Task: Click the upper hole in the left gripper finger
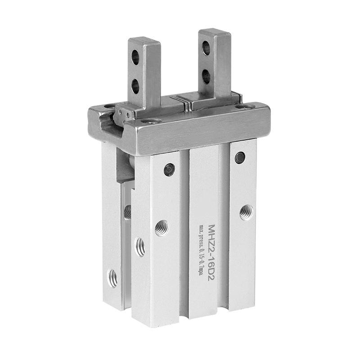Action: pyautogui.click(x=135, y=57)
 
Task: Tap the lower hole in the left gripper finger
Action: pyautogui.click(x=135, y=86)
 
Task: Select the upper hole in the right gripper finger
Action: pyautogui.click(x=206, y=48)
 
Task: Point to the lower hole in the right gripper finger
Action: pyautogui.click(x=206, y=76)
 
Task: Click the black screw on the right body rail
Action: pyautogui.click(x=240, y=157)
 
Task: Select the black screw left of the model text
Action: pyautogui.click(x=170, y=170)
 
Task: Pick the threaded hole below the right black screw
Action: pyautogui.click(x=247, y=212)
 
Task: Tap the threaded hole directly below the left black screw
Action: pyautogui.click(x=162, y=228)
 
